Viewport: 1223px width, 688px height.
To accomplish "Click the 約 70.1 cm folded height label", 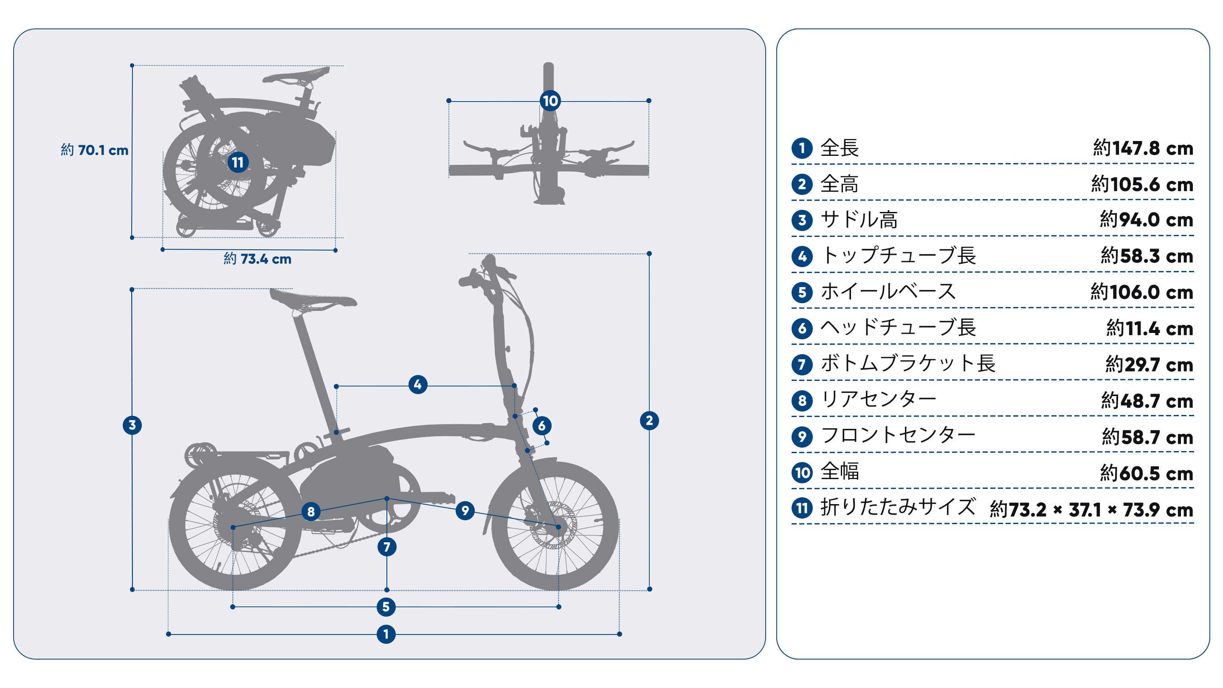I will pos(94,150).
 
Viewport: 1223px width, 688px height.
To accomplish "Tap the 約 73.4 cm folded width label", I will pos(257,259).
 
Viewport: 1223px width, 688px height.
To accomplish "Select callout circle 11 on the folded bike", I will pos(238,162).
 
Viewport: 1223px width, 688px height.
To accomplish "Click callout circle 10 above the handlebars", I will pos(550,101).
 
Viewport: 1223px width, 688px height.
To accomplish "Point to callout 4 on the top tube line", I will pos(417,385).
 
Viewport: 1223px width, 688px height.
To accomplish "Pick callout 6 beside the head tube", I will pos(542,426).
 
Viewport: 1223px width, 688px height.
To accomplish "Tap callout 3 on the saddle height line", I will pos(132,425).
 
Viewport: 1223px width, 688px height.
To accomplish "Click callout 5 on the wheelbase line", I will pos(386,606).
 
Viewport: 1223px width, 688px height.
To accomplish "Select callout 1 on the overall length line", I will pos(386,634).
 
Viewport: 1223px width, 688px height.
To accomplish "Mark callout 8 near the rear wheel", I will pos(311,512).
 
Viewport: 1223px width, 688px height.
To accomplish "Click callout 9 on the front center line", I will pos(465,511).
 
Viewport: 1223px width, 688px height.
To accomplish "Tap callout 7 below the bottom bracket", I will pos(386,547).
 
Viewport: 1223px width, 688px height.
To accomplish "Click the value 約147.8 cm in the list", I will pos(1143,149).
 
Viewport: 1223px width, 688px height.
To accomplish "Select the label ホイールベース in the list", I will pos(888,291).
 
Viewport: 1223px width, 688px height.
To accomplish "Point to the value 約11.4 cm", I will pos(1150,328).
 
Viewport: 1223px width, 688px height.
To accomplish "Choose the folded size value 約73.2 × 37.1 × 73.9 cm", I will pos(1091,510).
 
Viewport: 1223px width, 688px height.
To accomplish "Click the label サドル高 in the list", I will pos(859,220).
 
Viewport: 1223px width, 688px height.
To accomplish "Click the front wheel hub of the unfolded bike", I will pos(558,527).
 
